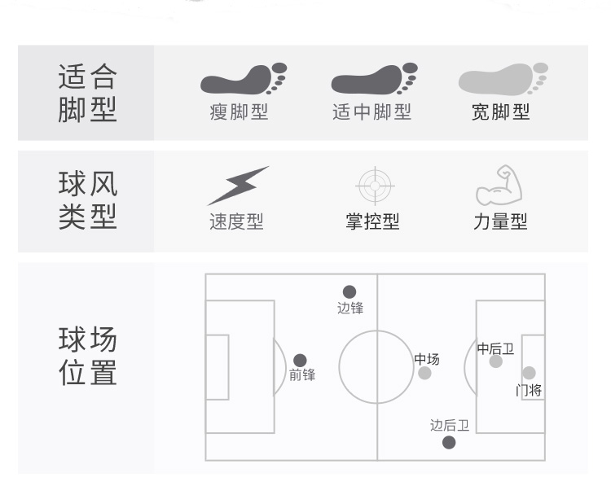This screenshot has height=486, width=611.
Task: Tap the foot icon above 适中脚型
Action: [374, 79]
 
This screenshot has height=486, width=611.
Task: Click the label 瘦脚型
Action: [239, 112]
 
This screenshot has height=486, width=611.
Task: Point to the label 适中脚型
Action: [371, 112]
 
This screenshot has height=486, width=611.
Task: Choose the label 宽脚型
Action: [500, 112]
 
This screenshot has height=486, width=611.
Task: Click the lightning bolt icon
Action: [238, 185]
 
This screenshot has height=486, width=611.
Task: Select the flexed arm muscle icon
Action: [499, 185]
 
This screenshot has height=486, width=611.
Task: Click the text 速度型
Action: [236, 222]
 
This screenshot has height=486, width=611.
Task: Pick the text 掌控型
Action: [373, 222]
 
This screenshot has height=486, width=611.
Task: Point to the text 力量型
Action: [500, 222]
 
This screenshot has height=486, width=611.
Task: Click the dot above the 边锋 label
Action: [349, 291]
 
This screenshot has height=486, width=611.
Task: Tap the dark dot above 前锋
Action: [300, 360]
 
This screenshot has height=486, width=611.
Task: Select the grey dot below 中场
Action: [424, 373]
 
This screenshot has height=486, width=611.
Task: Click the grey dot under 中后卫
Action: [495, 361]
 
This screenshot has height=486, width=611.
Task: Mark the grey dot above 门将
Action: [529, 373]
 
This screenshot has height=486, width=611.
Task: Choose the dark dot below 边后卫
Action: [449, 442]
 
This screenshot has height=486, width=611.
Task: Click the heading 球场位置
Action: [88, 356]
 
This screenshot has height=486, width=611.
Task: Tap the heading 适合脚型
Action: [88, 93]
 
